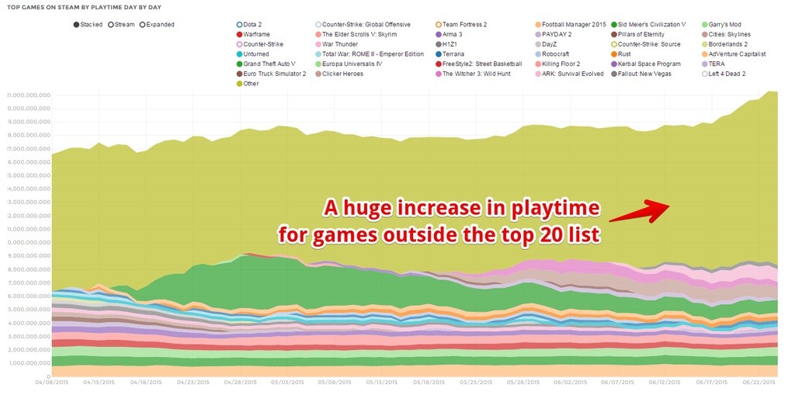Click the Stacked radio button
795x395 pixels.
pos(76,25)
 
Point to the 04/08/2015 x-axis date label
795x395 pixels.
pos(51,382)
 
